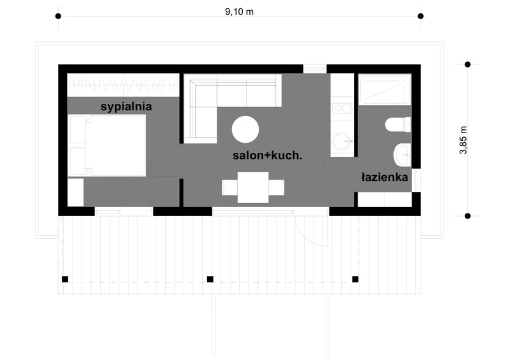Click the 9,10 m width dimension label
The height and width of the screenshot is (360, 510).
[239, 11]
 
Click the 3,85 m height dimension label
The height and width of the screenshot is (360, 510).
[463, 140]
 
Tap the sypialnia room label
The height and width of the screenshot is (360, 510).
[126, 107]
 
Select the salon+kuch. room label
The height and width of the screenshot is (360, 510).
[267, 155]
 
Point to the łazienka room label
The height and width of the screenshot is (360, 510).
[384, 177]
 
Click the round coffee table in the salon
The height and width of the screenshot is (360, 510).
[245, 129]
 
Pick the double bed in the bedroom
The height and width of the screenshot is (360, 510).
[107, 145]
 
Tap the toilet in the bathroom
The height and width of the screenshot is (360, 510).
[398, 125]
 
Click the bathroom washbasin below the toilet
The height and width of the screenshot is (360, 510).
[402, 155]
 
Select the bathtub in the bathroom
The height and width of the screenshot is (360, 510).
[385, 89]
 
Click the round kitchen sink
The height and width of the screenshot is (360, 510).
[342, 142]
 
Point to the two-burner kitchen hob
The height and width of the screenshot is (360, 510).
[342, 108]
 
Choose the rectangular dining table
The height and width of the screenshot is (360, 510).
[253, 187]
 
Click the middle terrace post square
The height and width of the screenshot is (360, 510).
[210, 279]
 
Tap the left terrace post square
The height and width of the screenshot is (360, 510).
[65, 279]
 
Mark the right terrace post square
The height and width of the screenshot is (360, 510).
[355, 279]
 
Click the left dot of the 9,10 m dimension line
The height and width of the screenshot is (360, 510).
[58, 17]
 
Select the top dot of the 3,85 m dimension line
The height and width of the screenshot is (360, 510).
[467, 64]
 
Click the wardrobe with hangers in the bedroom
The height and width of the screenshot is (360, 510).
[124, 85]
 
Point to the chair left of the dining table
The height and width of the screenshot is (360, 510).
[229, 187]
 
